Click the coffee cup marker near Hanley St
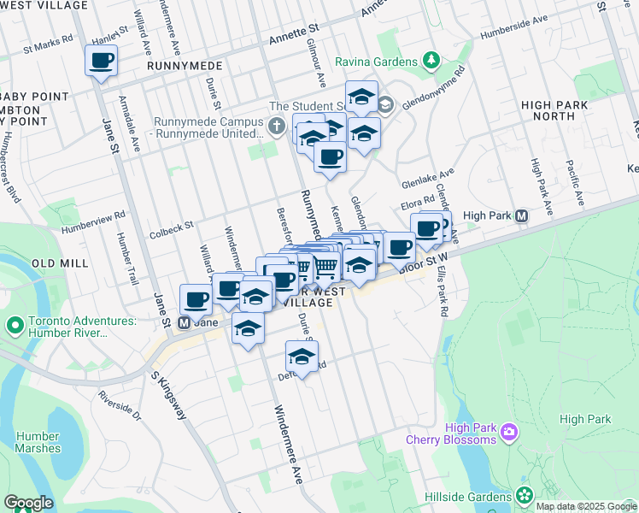pos(101,61)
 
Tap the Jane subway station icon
pos(183,324)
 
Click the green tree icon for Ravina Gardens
pos(432,62)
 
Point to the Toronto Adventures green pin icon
pos(15,326)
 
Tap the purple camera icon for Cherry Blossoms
pos(510,433)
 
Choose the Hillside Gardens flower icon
pos(524,496)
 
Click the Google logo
pos(28,503)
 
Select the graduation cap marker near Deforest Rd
pos(302,356)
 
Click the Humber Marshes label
pos(38,442)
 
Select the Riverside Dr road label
pos(119,406)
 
